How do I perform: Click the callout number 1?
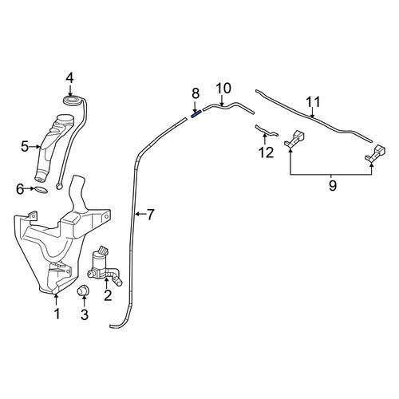click(x=57, y=314)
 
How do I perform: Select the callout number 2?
click(x=108, y=295)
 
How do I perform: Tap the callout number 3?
click(x=84, y=314)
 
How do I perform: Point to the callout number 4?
click(x=69, y=78)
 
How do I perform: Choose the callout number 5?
click(x=25, y=146)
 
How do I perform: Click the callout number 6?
click(x=20, y=189)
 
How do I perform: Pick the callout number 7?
click(x=151, y=215)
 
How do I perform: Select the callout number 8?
click(x=196, y=93)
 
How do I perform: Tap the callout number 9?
click(x=333, y=185)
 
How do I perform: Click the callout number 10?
click(x=223, y=89)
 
